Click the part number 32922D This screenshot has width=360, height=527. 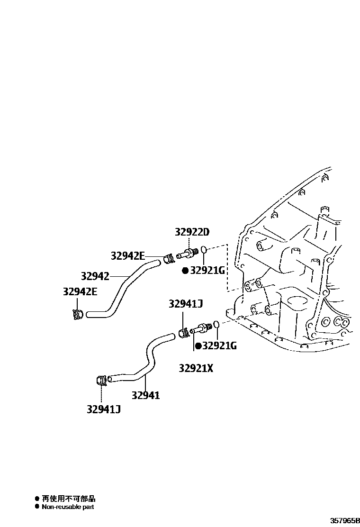[x=192, y=232]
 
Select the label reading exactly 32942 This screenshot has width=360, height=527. [x=95, y=276]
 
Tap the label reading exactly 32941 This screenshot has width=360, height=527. [x=145, y=395]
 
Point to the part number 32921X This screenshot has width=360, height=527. [x=196, y=367]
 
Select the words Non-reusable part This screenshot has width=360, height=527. [x=68, y=507]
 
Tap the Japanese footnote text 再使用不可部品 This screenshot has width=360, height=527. [x=68, y=499]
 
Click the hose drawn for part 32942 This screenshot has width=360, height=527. [x=121, y=289]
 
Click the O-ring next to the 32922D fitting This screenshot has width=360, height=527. [x=204, y=249]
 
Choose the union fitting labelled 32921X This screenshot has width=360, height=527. [x=200, y=327]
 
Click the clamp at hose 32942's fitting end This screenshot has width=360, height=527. [x=169, y=259]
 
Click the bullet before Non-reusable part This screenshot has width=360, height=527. [x=37, y=507]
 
